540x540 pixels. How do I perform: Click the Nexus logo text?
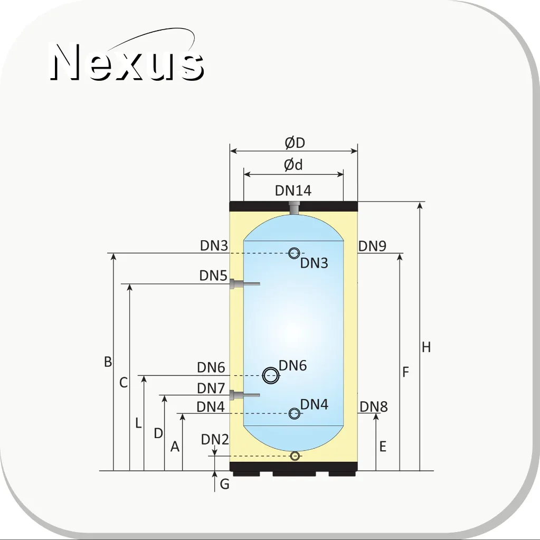tap(127, 62)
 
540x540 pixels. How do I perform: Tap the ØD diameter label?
tap(295, 143)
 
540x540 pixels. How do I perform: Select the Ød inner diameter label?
tap(293, 165)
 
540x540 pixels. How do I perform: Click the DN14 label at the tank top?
tap(293, 191)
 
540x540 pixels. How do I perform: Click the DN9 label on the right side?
tap(372, 246)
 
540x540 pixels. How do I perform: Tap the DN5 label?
tap(213, 276)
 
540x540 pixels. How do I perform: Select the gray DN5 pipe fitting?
tap(244, 284)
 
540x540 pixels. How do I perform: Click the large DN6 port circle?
tap(271, 375)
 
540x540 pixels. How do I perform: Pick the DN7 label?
tap(211, 389)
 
